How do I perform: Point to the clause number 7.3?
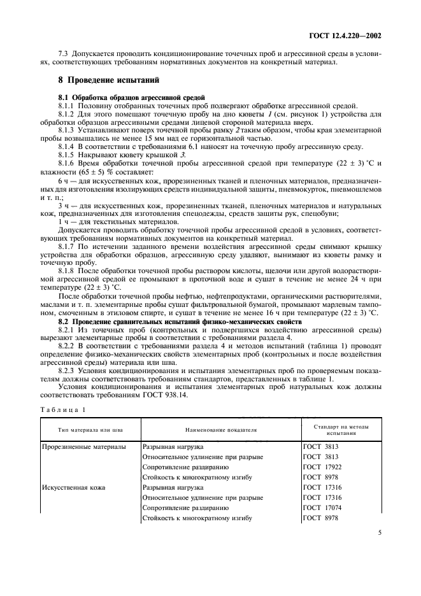pos(63,54)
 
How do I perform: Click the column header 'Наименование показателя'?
pos(220,430)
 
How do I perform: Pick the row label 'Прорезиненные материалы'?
pos(84,447)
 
